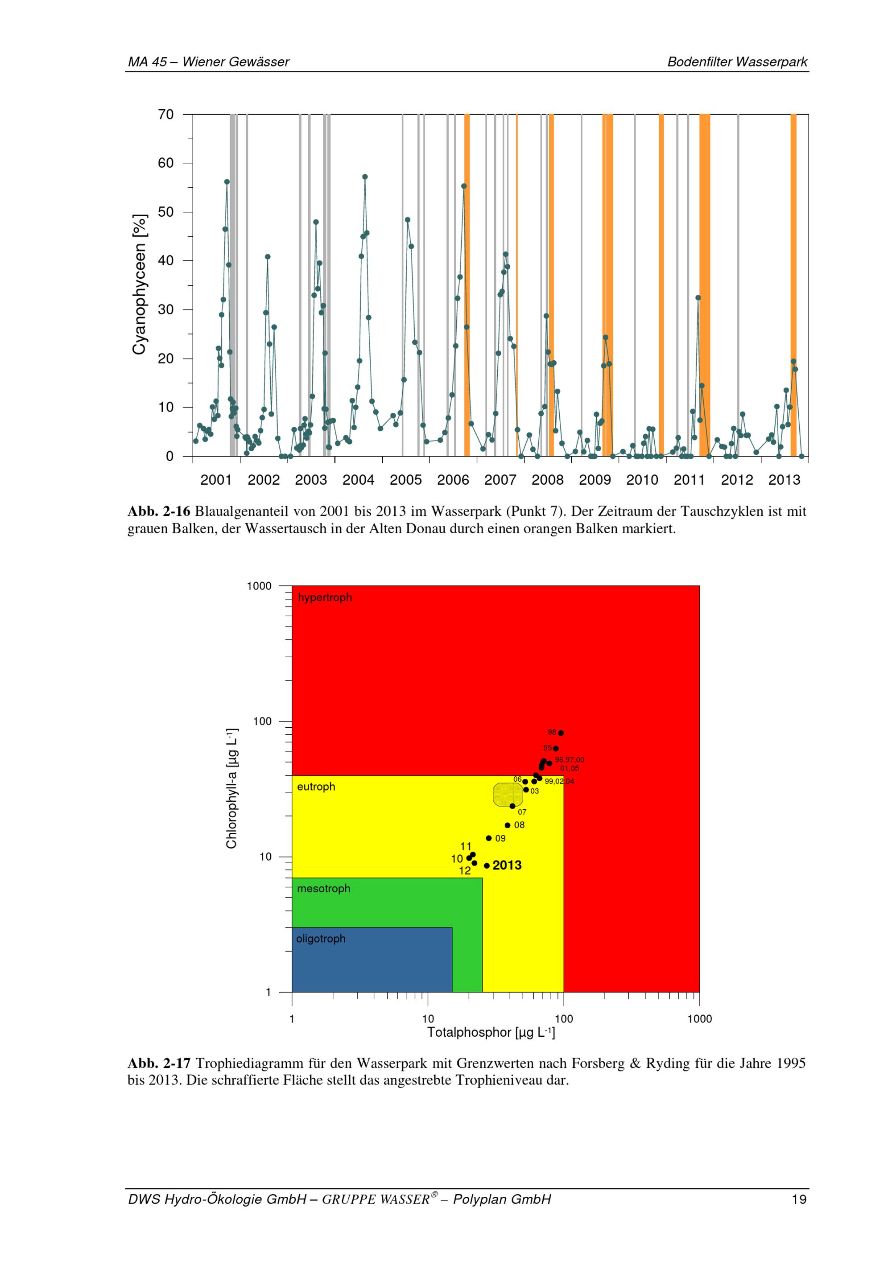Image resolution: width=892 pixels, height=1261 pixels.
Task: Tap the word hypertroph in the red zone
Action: (325, 598)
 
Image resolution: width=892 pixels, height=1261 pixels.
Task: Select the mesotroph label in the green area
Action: (323, 889)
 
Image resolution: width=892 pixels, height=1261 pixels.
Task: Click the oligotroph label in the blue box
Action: (321, 939)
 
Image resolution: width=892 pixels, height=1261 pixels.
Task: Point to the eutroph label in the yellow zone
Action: (316, 787)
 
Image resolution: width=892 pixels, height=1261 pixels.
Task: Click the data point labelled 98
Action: (561, 733)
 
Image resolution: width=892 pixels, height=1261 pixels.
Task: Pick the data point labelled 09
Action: (488, 838)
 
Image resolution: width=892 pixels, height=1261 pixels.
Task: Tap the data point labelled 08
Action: (508, 825)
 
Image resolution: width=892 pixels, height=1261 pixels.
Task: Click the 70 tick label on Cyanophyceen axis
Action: (165, 115)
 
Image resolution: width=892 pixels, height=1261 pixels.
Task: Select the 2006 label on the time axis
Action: (453, 480)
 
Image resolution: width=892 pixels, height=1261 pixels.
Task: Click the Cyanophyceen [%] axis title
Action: (140, 284)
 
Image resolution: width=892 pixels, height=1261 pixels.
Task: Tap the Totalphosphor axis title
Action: (491, 1033)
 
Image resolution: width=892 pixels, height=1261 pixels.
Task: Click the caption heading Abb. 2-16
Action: (159, 512)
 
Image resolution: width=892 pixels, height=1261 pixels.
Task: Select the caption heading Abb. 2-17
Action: (159, 1064)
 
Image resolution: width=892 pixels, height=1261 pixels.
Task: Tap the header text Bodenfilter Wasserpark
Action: (737, 62)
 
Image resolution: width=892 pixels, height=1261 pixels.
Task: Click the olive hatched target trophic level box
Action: (508, 795)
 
